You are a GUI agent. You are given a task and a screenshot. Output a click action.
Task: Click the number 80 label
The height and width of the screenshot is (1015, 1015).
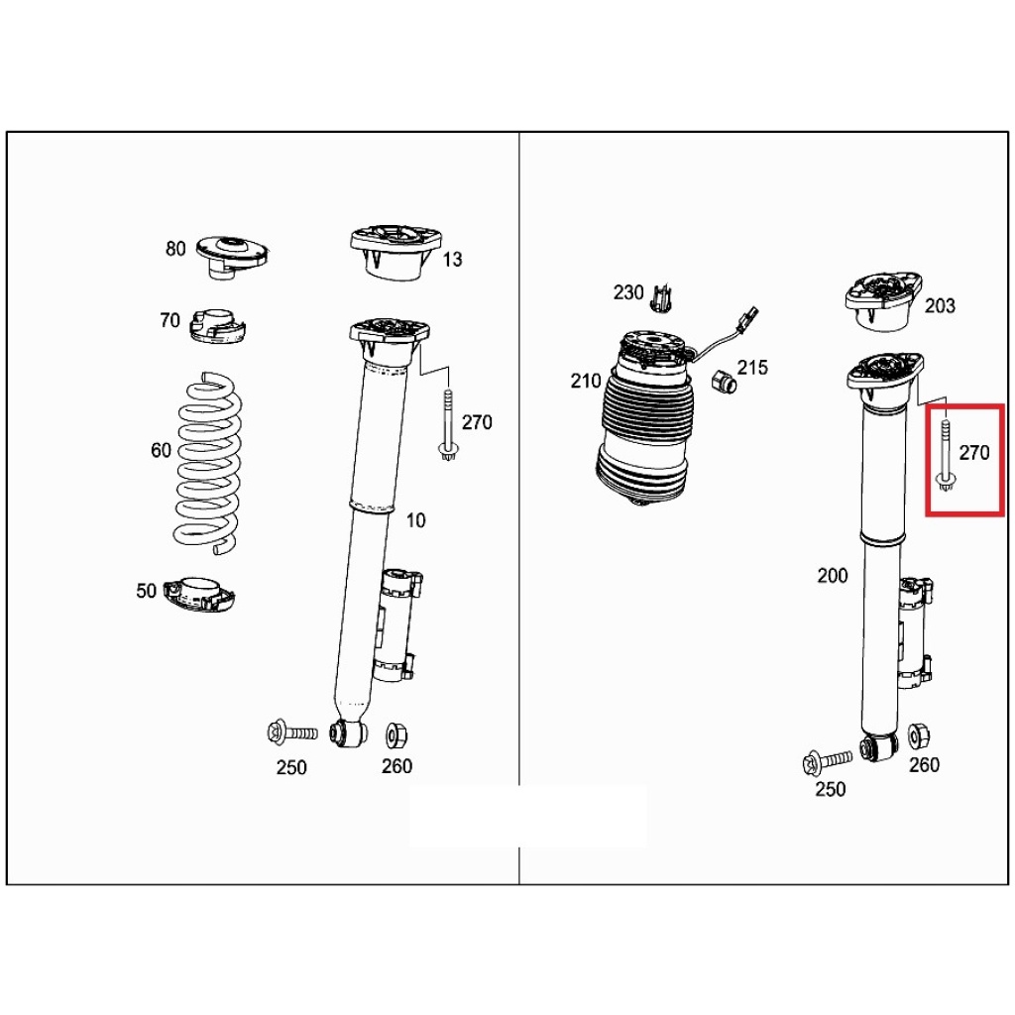coord(175,249)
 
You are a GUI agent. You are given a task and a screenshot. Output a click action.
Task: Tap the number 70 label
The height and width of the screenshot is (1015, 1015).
coord(169,320)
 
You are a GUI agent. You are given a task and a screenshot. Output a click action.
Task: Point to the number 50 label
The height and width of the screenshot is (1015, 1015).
coord(147,592)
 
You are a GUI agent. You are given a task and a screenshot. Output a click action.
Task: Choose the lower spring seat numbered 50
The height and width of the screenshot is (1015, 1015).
coord(203,594)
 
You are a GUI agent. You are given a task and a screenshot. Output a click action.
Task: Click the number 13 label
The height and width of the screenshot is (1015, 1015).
coord(452,260)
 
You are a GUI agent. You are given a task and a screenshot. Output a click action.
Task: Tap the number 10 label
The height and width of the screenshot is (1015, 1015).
coord(415,520)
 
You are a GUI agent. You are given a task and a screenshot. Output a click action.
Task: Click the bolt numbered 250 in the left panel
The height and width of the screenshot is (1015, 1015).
coord(290,733)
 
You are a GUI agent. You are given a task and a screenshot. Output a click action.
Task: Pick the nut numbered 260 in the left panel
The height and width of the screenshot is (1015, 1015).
coord(395,734)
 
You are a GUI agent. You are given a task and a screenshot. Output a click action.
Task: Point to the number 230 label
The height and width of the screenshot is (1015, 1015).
coord(627,292)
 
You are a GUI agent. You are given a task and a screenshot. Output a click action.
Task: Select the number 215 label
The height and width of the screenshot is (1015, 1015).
coord(752,368)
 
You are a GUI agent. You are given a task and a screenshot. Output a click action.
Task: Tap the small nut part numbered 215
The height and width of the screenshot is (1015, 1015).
coord(724,380)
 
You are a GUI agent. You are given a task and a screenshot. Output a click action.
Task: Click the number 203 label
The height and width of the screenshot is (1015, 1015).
coord(940,306)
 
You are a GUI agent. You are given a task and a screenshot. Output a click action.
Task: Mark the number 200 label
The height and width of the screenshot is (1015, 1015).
coord(833,575)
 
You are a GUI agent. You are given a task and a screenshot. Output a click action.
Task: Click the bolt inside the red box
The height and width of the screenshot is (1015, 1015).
coord(946,456)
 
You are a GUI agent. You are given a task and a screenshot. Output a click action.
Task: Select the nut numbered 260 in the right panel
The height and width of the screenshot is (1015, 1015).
coord(918,735)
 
